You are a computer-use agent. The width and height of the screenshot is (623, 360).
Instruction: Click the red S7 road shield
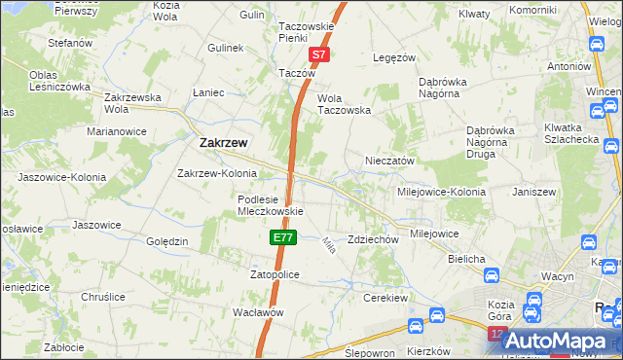tap(319, 56)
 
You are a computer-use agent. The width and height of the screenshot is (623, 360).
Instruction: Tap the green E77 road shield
tap(281, 236)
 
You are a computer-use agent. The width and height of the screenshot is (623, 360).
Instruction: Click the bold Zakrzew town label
tap(223, 142)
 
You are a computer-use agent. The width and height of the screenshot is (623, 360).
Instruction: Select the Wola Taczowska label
tap(345, 110)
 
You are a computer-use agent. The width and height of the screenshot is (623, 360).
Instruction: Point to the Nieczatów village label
tap(390, 161)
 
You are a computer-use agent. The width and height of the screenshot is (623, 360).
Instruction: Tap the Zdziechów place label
tap(374, 239)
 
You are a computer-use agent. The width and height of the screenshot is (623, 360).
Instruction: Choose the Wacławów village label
tap(258, 312)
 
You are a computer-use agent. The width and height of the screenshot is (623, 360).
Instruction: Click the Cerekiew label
tap(383, 298)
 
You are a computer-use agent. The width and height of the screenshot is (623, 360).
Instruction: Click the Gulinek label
tap(225, 47)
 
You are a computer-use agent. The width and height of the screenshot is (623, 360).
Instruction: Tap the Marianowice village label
tap(116, 130)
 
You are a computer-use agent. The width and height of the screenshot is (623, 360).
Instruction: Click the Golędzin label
tap(166, 240)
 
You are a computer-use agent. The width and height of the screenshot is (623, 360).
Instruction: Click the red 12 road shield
tap(497, 334)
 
